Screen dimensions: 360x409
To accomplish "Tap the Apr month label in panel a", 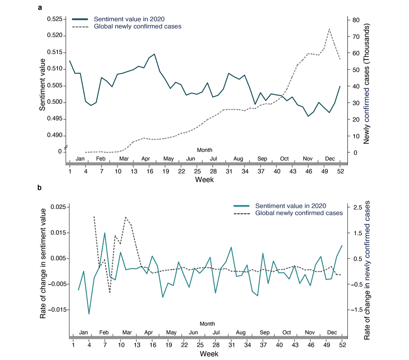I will click(146, 159).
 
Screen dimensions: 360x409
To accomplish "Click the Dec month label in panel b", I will click(332, 332).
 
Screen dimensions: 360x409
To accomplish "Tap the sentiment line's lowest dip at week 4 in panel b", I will click(89, 314).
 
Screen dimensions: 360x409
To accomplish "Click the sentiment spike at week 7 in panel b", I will click(105, 233).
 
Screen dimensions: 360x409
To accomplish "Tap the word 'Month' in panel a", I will click(205, 150).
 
